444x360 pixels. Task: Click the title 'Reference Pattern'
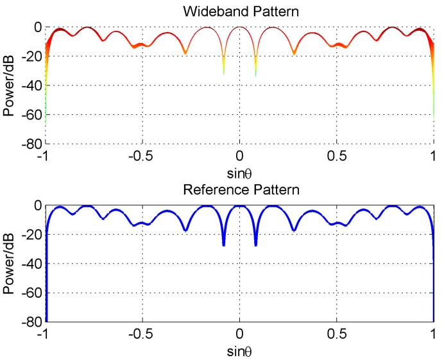click(x=239, y=190)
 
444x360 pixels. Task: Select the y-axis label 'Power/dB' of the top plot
click(x=9, y=84)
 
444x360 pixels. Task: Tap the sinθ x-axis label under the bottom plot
click(x=239, y=353)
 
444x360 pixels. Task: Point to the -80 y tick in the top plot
click(x=31, y=143)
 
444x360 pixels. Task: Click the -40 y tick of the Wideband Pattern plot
click(x=31, y=85)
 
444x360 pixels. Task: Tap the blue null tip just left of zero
click(x=223, y=244)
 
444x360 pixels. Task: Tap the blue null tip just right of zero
click(x=255, y=244)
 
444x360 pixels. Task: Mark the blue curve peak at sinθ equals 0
click(x=239, y=206)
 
